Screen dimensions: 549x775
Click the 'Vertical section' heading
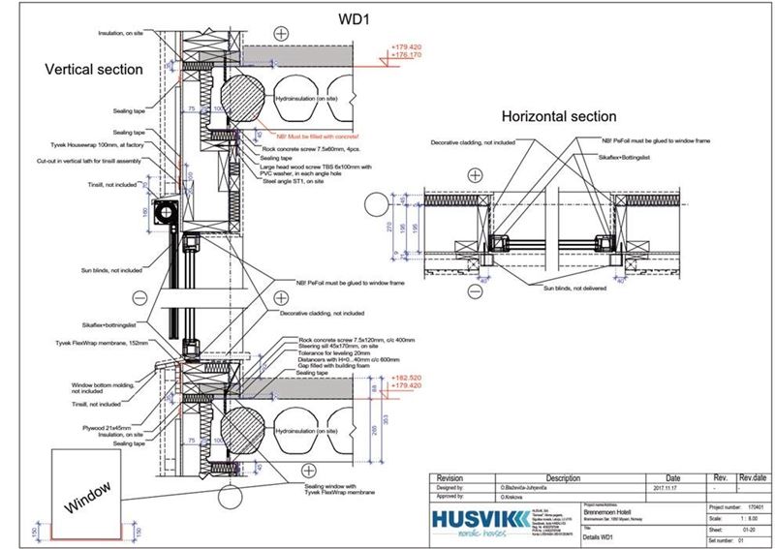94,70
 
